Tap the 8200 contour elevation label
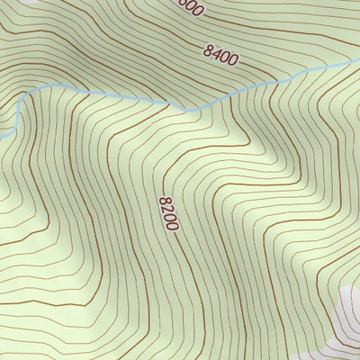(x=168, y=213)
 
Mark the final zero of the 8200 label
(x=172, y=225)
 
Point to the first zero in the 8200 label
(x=169, y=217)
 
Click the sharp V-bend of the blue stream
(x=186, y=110)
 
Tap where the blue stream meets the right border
(x=357, y=61)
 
